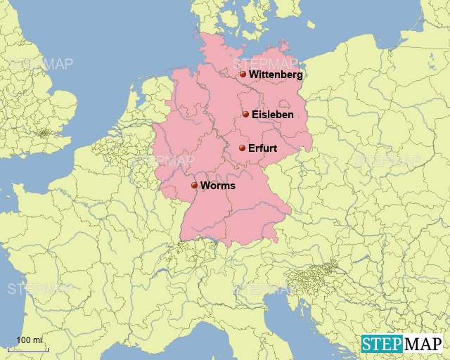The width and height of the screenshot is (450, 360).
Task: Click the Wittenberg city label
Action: pyautogui.click(x=276, y=75)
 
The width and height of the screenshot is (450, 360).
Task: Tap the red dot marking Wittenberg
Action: pyautogui.click(x=243, y=74)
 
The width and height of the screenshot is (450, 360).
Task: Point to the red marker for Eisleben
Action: pyautogui.click(x=245, y=115)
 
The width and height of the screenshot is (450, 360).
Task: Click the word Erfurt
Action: pyautogui.click(x=262, y=148)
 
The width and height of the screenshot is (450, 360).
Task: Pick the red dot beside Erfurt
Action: pyautogui.click(x=242, y=148)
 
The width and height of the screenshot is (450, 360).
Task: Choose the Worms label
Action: pyautogui.click(x=217, y=186)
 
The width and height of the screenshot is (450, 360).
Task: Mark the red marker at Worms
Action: pyautogui.click(x=194, y=186)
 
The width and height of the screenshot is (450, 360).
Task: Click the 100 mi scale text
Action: pyautogui.click(x=29, y=340)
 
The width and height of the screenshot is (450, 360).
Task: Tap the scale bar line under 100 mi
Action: pyautogui.click(x=28, y=349)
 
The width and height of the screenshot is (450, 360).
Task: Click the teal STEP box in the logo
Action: pyautogui.click(x=382, y=344)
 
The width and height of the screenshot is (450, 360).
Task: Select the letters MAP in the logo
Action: pyautogui.click(x=423, y=344)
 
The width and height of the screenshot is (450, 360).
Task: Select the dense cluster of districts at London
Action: pyautogui.click(x=46, y=132)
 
